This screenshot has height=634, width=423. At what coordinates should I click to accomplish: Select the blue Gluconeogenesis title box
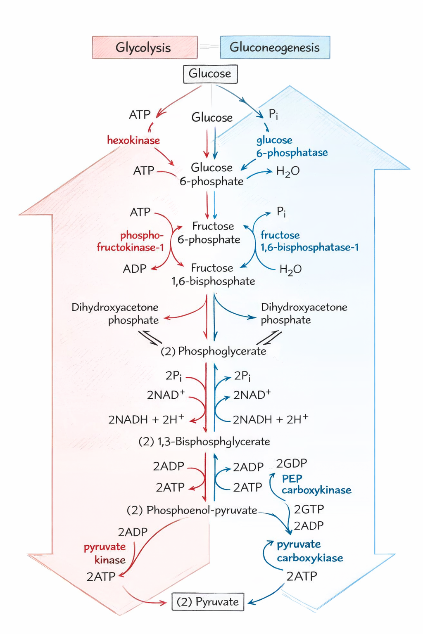point(275,47)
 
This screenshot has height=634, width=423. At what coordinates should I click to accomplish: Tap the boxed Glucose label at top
point(210,74)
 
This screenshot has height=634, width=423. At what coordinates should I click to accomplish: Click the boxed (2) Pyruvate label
point(208,602)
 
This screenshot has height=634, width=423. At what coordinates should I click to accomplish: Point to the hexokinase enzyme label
point(133,140)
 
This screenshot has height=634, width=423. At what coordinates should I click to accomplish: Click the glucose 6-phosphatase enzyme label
point(292,147)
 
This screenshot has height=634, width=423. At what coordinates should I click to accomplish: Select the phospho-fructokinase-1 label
point(131,241)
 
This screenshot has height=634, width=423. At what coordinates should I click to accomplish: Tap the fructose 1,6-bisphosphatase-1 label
point(309,241)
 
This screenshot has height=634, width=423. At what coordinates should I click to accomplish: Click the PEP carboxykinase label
point(316,485)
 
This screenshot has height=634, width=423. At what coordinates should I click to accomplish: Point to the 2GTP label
point(309,509)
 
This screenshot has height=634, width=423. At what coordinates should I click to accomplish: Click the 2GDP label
point(292,464)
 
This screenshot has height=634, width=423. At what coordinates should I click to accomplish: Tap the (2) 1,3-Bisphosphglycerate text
point(204,442)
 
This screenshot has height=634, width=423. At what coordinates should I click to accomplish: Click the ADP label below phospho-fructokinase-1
point(135,269)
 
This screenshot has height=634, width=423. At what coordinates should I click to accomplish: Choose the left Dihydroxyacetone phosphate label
point(115,314)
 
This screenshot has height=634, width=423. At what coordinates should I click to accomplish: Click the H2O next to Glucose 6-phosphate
point(288,171)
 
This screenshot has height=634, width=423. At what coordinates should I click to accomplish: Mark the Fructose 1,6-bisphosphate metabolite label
point(213,275)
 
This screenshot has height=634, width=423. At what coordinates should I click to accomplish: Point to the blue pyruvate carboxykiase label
point(310,551)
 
